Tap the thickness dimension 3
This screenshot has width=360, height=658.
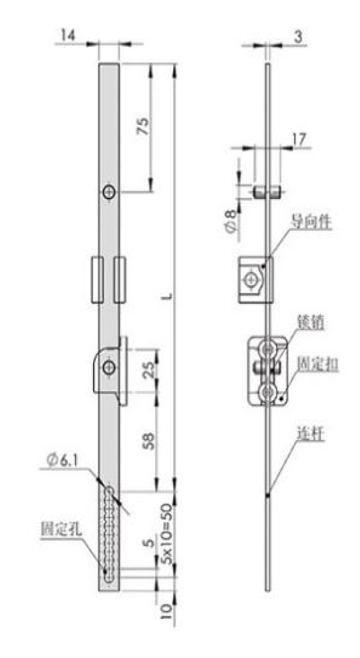click(298, 37)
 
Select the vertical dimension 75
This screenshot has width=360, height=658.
click(143, 126)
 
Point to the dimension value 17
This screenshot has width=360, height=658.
click(300, 138)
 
